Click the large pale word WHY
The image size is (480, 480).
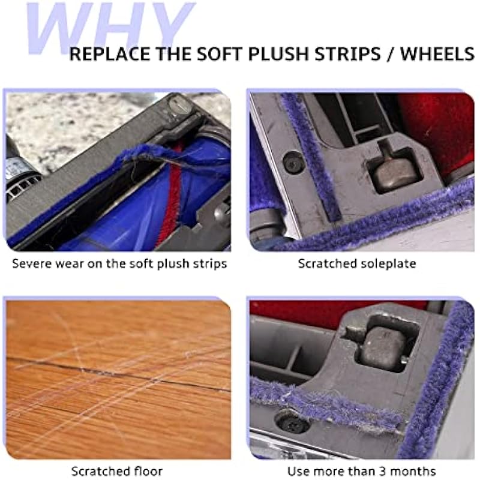[110, 28]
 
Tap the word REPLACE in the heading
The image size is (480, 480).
[110, 53]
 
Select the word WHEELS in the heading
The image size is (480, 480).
[437, 53]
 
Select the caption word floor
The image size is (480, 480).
[148, 471]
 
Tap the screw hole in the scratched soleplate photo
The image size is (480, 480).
[293, 161]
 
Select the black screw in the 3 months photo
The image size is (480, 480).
[291, 421]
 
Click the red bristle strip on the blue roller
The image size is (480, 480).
[169, 196]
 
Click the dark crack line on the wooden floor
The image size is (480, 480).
[119, 372]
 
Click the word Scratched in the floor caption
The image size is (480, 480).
[100, 471]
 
